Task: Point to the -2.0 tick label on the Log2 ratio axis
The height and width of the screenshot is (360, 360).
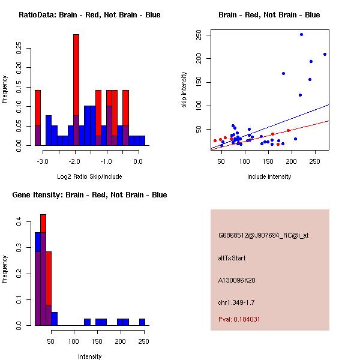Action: click(x=75, y=161)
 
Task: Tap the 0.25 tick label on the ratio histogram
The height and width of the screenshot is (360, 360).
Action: click(x=19, y=48)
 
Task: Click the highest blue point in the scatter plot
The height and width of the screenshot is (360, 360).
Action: click(x=301, y=34)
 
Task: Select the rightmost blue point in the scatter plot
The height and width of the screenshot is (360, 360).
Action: click(x=325, y=54)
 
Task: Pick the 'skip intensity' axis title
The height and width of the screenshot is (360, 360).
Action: click(x=184, y=90)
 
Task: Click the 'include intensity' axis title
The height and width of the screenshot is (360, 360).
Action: click(x=269, y=176)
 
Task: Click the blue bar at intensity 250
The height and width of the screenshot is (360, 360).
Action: click(x=142, y=322)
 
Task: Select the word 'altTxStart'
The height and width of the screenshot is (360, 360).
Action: click(x=232, y=258)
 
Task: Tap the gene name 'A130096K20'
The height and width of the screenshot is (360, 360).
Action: click(x=237, y=280)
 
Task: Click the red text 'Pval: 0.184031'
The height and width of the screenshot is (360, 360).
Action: click(x=239, y=319)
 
